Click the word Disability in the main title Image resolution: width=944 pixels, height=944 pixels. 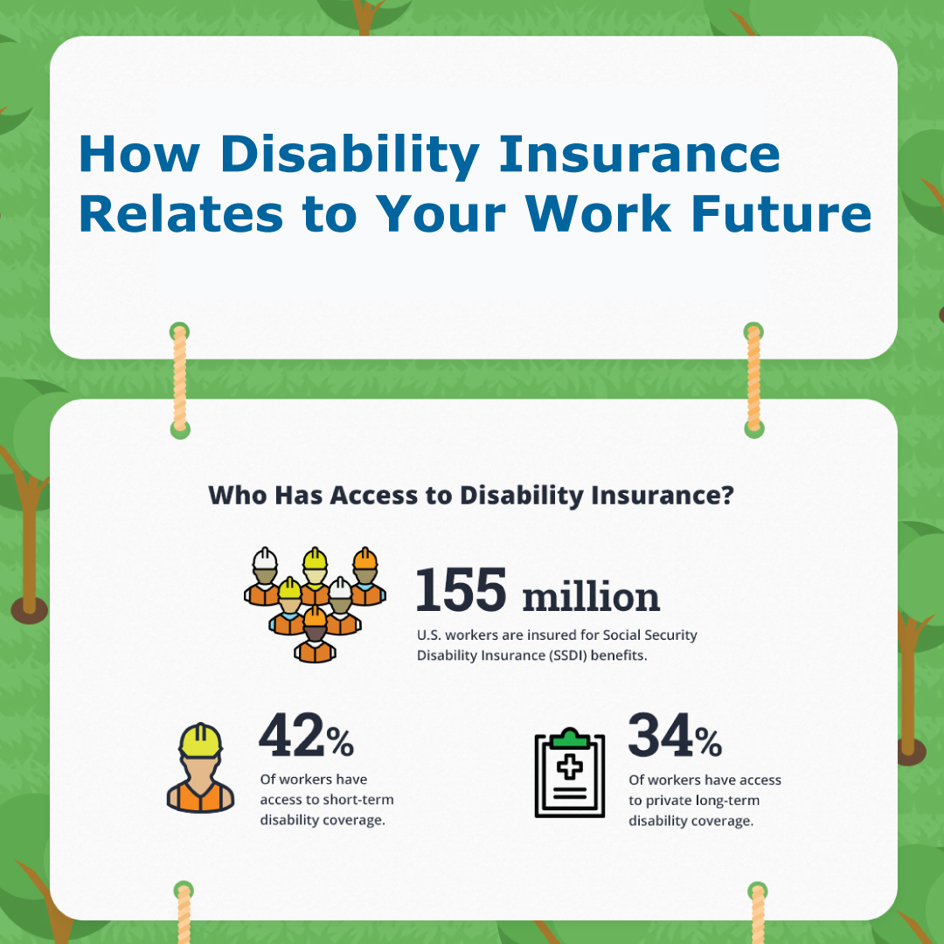coord(350,156)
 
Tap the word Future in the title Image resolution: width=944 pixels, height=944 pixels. coord(781,214)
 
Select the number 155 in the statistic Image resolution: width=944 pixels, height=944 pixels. coord(462,589)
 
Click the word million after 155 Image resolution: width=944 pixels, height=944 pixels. coord(591,597)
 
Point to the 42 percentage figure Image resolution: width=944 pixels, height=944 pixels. coord(306,735)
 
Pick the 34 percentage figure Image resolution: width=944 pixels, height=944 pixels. coord(675,735)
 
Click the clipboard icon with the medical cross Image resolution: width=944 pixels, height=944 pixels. coord(570,773)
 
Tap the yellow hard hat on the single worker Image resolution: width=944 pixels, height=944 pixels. coord(200,740)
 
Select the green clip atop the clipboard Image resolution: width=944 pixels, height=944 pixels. coord(570,738)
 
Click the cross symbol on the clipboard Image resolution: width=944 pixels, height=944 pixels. coord(570,767)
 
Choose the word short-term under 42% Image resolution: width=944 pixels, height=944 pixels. coord(359,800)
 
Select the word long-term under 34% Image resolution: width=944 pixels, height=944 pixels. coord(727,800)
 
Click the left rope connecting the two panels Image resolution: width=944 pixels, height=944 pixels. coord(179,380)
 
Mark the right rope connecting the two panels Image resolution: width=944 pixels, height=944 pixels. coord(753,380)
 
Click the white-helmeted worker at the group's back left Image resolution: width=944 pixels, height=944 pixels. coord(264,577)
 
